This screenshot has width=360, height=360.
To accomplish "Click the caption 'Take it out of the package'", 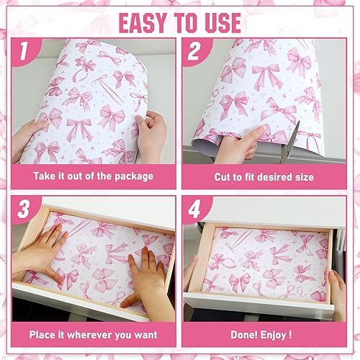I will (x=94, y=176).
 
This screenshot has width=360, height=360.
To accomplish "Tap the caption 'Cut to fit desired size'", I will (x=264, y=176).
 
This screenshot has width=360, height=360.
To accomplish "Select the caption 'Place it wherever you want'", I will (x=94, y=336).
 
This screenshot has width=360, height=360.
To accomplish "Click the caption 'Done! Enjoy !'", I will (x=264, y=336).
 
